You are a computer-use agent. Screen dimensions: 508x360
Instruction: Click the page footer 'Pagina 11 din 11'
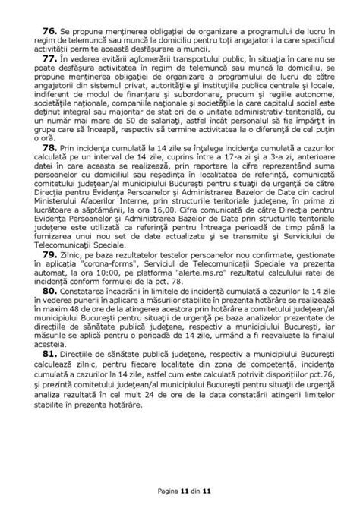click(180, 491)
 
